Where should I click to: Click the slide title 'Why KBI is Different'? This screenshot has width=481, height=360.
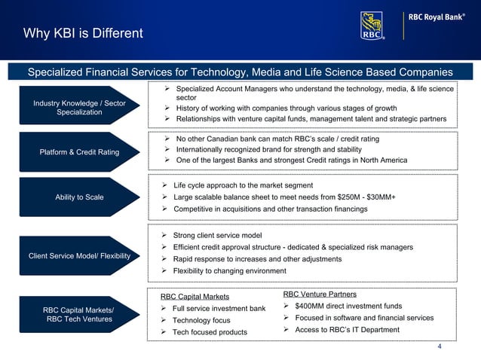click(x=83, y=33)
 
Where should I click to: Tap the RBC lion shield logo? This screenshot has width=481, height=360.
click(x=372, y=26)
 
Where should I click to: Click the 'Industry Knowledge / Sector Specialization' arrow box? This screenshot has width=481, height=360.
click(x=79, y=108)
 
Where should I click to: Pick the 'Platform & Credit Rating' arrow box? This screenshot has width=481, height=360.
click(x=79, y=152)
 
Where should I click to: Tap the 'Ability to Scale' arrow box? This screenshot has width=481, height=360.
click(x=79, y=197)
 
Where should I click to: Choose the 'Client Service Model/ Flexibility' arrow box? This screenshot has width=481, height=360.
click(x=79, y=256)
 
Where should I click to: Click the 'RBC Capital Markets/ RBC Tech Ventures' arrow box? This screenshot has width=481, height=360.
click(x=79, y=314)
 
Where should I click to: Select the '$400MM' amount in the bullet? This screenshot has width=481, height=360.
click(x=310, y=306)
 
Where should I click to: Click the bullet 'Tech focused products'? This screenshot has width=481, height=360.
click(x=210, y=332)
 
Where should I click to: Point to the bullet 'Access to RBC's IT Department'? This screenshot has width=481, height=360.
click(x=347, y=329)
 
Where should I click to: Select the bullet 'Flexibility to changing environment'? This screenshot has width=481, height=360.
click(x=229, y=270)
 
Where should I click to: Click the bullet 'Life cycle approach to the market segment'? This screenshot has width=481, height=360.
click(x=243, y=185)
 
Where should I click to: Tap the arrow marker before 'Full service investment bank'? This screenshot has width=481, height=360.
click(x=164, y=309)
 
